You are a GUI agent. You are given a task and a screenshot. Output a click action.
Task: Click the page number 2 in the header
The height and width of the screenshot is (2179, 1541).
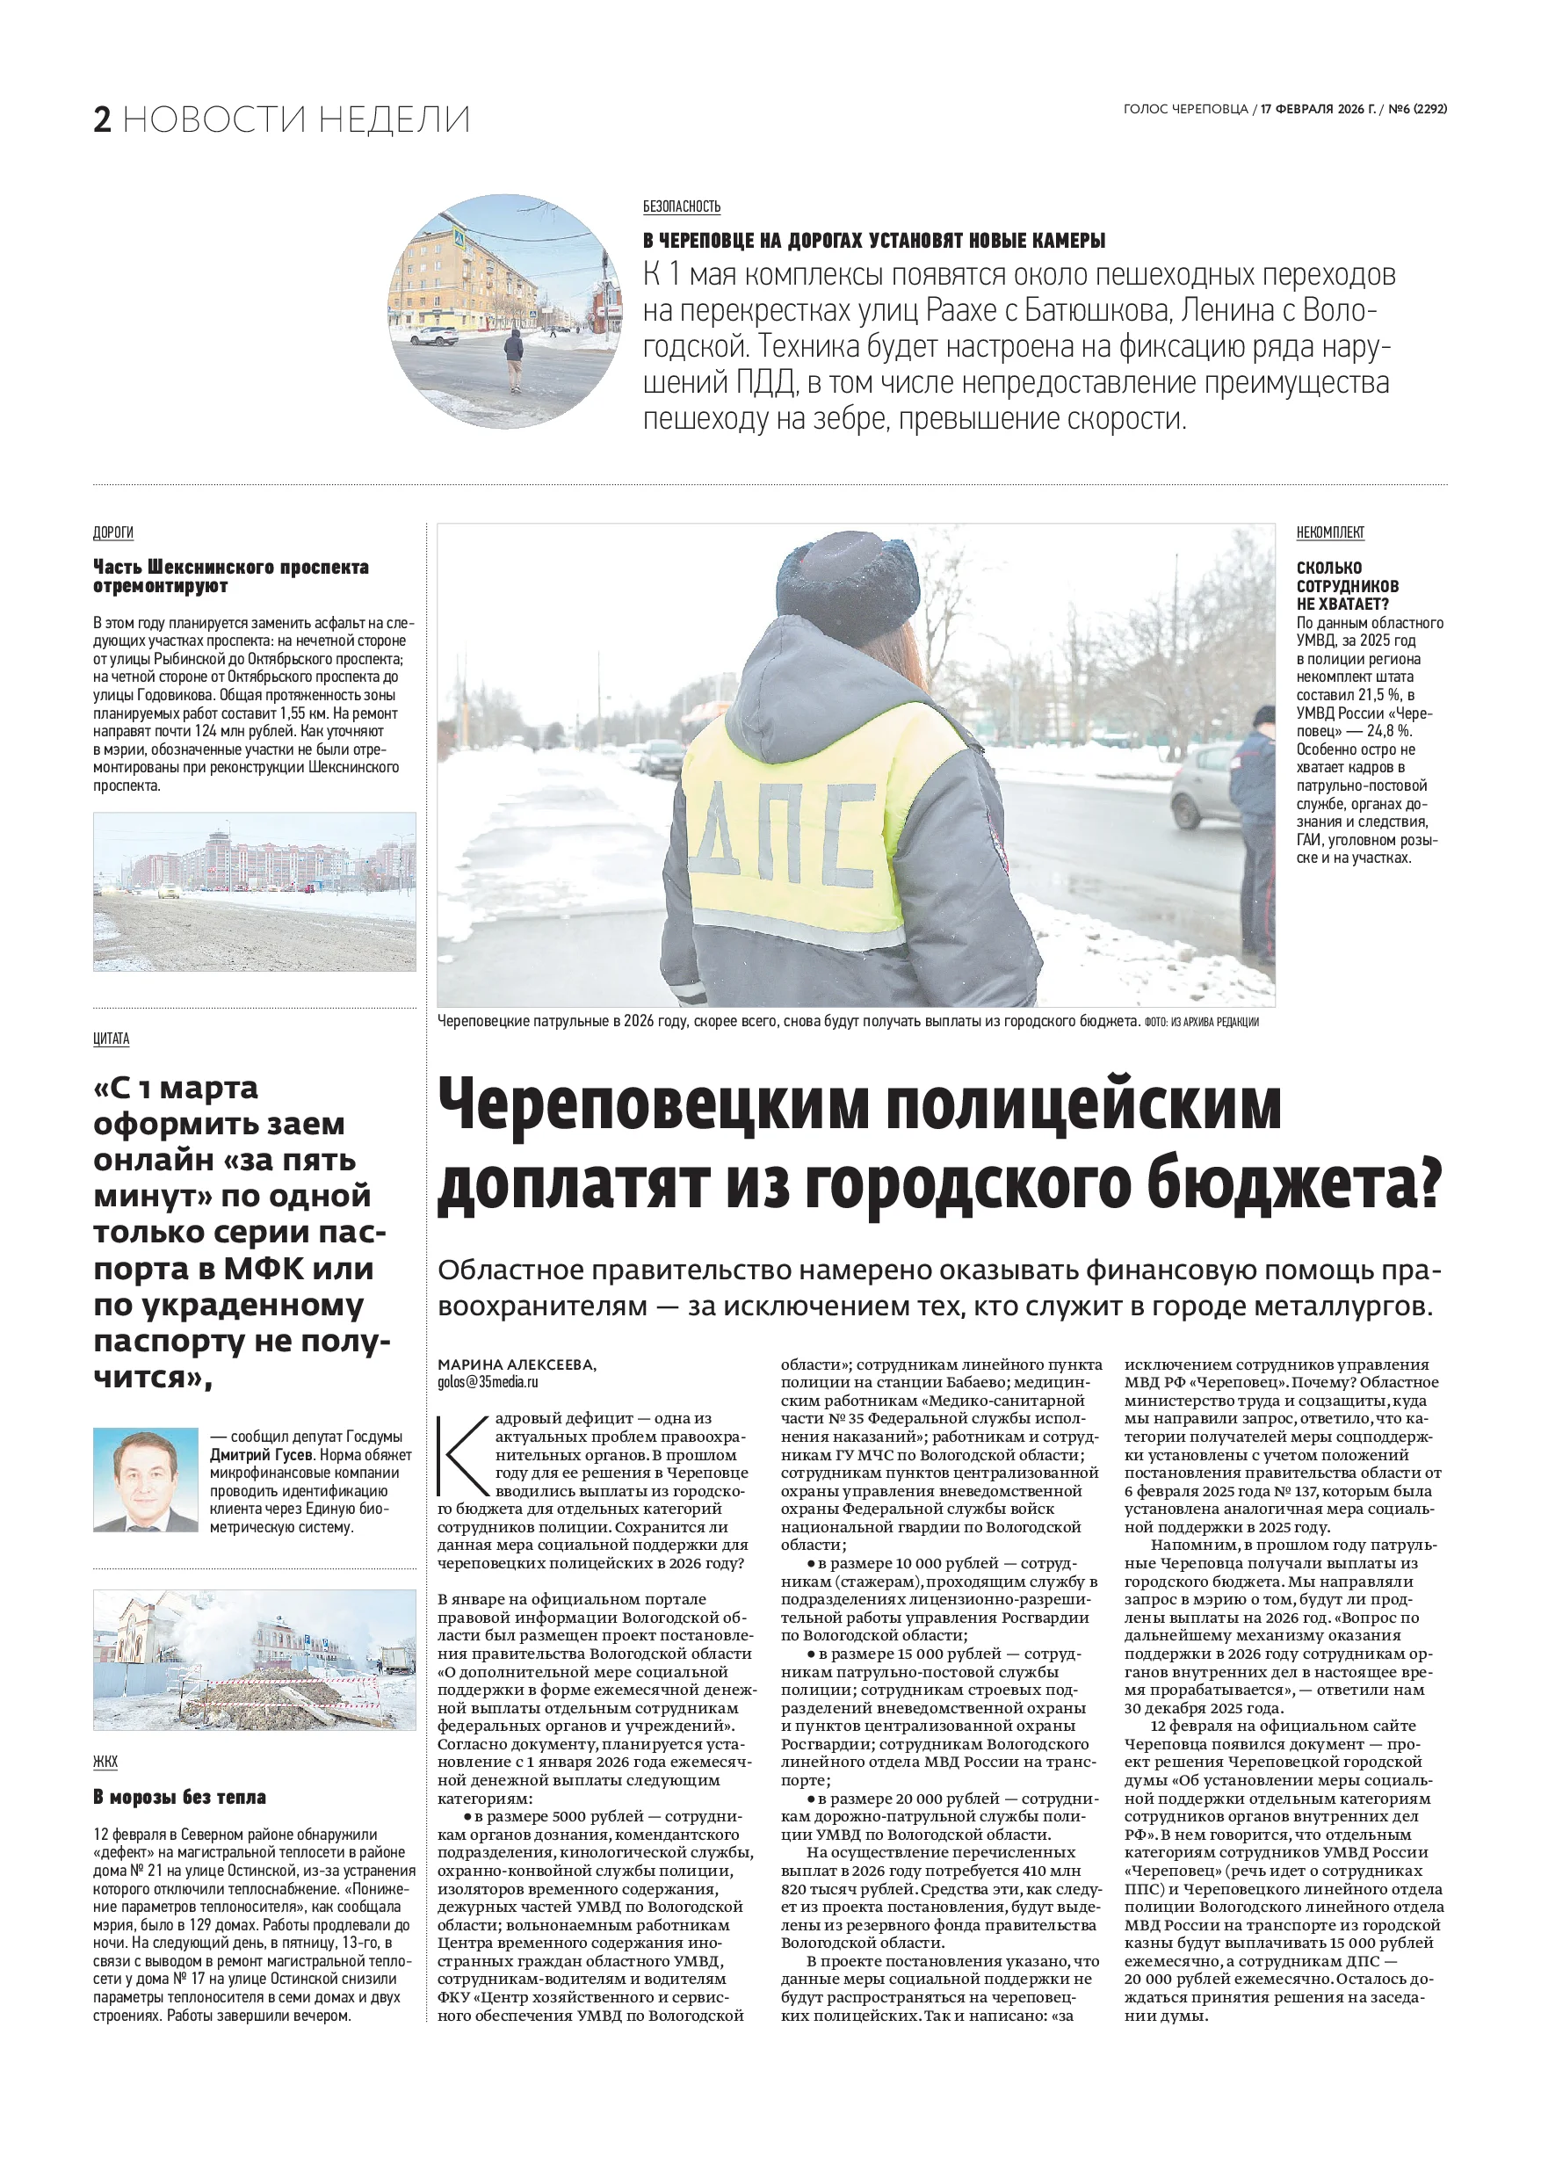coord(103,119)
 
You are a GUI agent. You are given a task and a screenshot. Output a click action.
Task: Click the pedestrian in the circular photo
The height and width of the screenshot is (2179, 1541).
coord(513,358)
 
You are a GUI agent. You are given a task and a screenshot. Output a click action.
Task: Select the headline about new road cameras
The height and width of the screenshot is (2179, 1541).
coord(874,240)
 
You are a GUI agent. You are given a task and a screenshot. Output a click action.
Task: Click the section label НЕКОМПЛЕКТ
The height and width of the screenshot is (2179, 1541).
coord(1330,532)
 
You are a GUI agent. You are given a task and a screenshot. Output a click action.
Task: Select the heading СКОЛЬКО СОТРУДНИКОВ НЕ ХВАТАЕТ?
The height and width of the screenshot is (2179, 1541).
coord(1348,584)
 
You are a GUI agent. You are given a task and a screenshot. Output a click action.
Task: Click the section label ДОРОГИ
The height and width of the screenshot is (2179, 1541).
coord(113,532)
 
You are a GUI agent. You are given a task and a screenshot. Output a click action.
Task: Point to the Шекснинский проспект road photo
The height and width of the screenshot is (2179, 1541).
coord(254,891)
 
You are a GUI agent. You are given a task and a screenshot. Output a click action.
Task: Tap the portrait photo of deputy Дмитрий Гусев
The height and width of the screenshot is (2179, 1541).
coord(145,1480)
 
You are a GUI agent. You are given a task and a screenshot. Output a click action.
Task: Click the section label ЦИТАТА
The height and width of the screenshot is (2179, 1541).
coord(111,1039)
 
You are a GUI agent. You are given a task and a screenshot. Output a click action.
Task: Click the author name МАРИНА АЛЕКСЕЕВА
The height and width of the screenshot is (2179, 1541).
coord(515,1365)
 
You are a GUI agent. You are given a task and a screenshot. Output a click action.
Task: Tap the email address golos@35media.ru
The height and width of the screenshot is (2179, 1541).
coord(488,1382)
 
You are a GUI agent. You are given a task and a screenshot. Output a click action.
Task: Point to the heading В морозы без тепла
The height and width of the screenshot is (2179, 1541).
coord(179,1797)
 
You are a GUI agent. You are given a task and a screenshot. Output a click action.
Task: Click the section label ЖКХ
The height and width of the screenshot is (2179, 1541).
coord(105,1761)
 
